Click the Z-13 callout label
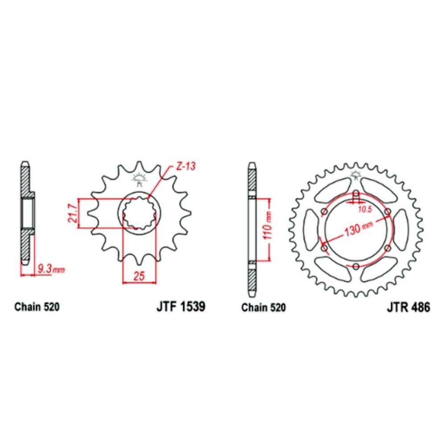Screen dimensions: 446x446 tap(186, 166)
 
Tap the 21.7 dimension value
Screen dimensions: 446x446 tap(73, 213)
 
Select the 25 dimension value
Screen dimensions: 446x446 tap(139, 276)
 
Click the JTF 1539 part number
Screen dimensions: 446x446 tap(181, 307)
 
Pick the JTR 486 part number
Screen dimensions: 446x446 tap(408, 307)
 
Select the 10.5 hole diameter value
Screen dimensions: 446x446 tap(365, 210)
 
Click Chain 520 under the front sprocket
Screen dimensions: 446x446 tap(37, 307)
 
